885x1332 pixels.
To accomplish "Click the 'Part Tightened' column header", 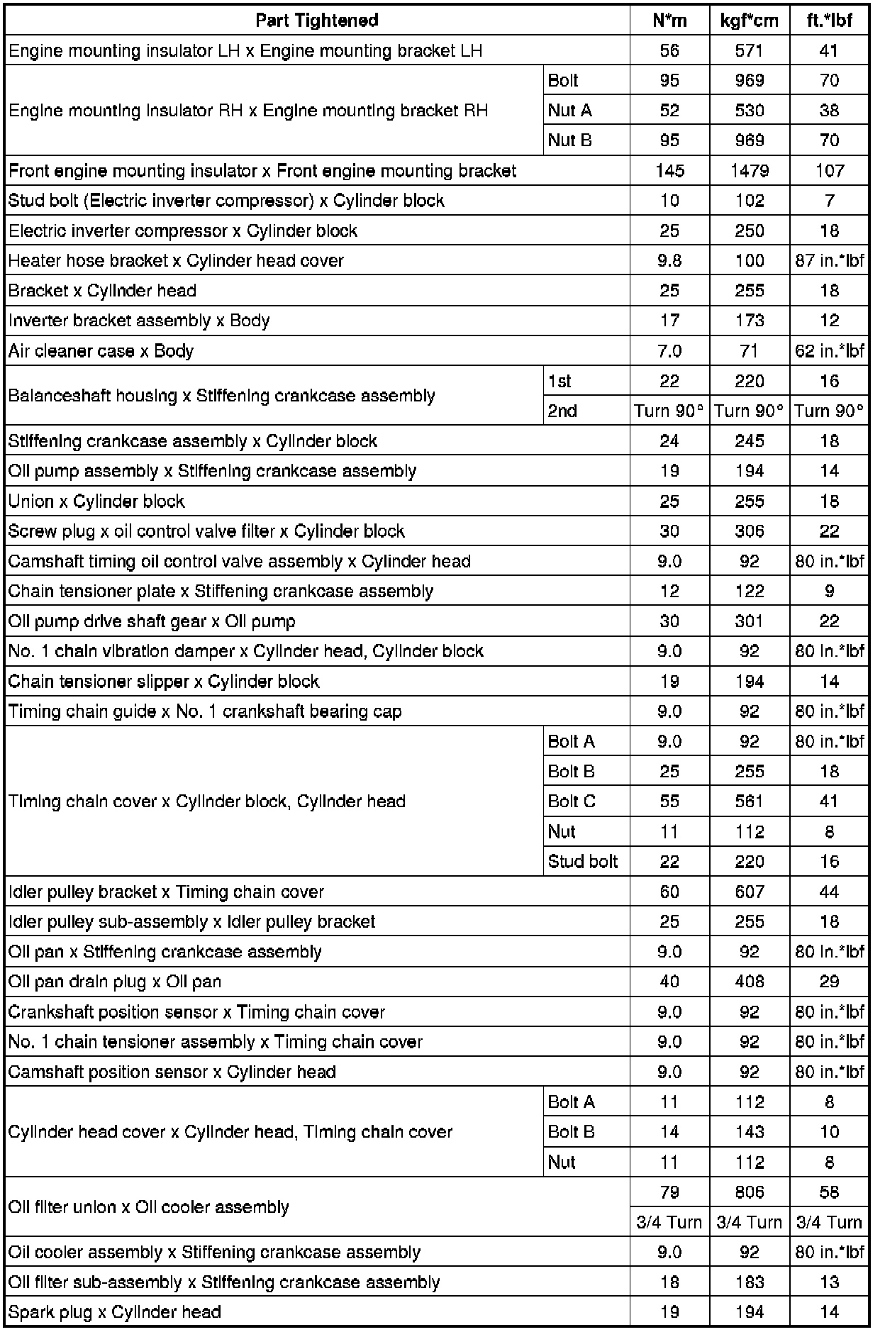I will pos(317,21).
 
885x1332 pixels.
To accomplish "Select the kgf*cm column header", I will pos(749,21).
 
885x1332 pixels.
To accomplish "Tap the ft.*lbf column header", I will pos(829,21).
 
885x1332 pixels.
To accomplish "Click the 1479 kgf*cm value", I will pos(749,171).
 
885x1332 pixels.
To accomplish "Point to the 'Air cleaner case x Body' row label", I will pos(101,351).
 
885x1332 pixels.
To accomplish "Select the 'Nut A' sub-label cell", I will pos(569,111).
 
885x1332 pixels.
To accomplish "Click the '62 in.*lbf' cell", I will pos(829,351).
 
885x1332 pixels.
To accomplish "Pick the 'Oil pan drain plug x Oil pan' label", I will pos(115,982).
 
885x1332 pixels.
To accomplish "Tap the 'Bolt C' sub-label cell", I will pos(572,801).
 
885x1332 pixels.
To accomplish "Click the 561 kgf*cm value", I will pos(749,801).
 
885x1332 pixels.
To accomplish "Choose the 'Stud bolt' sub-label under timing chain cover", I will pos(583,862).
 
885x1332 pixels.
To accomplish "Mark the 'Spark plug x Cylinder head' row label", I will pos(115,1312).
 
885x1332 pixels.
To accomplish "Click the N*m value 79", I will pos(669,1192).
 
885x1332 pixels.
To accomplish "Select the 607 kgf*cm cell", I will pos(749,892).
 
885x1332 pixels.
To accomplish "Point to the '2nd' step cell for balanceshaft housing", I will pos(562,411).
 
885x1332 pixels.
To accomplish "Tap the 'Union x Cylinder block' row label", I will pos(96,501).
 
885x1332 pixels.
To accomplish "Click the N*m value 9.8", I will pos(669,261).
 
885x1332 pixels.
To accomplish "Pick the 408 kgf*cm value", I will pos(749,982).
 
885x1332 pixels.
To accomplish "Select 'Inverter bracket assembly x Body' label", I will pos(139,321).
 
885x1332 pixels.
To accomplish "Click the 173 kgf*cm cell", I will pos(749,321).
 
